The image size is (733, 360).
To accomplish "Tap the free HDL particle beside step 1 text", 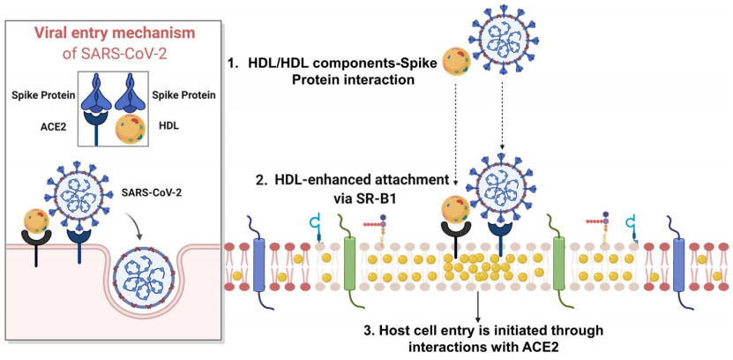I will pos(454,62).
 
